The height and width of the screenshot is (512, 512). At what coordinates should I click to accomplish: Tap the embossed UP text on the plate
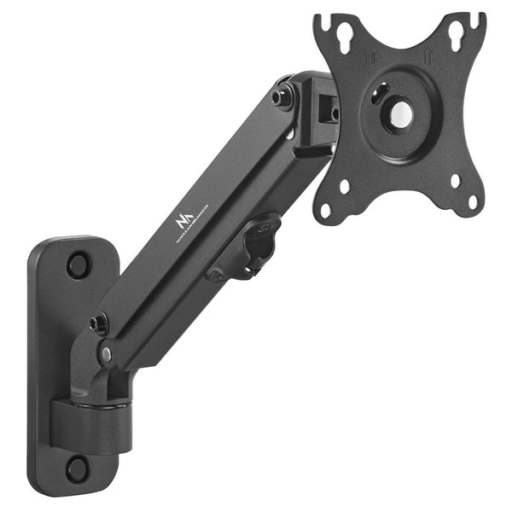click(x=373, y=57)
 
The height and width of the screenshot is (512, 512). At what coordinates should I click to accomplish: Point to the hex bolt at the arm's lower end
click(x=98, y=324)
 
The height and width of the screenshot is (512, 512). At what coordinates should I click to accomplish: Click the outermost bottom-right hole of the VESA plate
click(x=472, y=202)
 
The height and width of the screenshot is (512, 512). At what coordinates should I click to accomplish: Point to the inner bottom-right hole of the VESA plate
click(x=453, y=181)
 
